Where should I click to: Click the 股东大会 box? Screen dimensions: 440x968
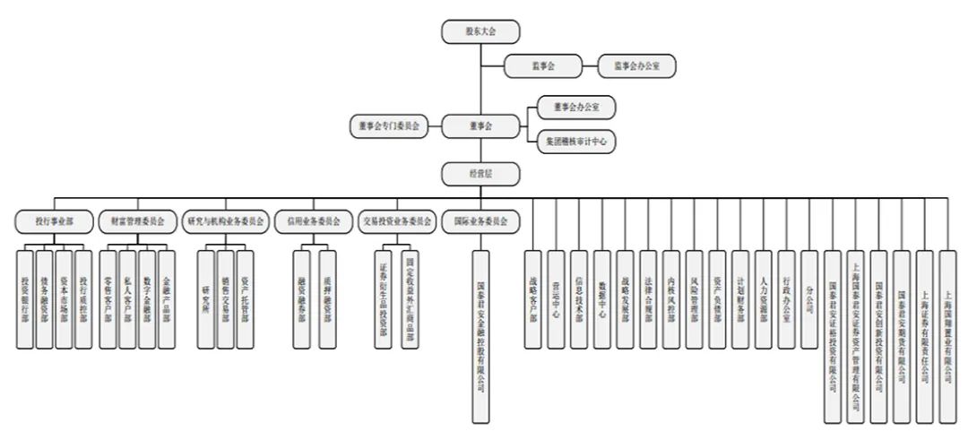coord(481,31)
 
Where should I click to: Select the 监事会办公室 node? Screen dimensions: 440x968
coord(638,65)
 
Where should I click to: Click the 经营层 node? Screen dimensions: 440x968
coord(481,172)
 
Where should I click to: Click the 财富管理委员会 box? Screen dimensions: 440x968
coord(137,220)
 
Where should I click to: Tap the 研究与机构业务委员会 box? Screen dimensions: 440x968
coord(225,220)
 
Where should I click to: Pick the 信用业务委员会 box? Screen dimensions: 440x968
coord(314,220)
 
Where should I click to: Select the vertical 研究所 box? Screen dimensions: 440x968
coord(206,298)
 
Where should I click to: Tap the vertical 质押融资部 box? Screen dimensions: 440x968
coord(329,298)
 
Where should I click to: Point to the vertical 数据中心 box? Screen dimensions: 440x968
coord(601,298)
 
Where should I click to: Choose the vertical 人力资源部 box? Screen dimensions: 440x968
coord(763,298)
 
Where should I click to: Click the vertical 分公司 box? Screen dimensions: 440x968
coord(809,298)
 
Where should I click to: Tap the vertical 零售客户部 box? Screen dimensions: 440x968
coord(108,298)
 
